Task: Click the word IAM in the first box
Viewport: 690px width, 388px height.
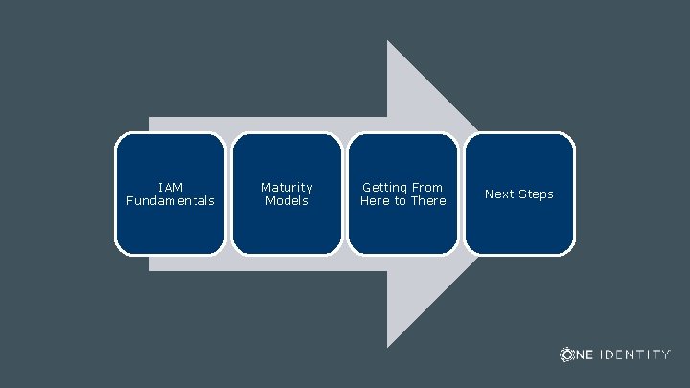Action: tap(170, 187)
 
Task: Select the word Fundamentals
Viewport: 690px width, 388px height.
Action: tap(170, 201)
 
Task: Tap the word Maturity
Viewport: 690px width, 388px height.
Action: tap(287, 187)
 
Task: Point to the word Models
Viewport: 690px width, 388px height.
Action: tap(287, 201)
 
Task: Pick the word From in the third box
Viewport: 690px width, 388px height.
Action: tap(426, 187)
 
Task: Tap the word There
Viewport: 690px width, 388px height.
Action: tap(428, 201)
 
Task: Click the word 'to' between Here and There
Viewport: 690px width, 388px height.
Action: tap(402, 201)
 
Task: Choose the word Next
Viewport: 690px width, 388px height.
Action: tap(499, 194)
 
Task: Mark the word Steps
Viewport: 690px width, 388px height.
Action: tap(536, 194)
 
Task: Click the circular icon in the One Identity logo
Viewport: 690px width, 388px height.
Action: tap(566, 354)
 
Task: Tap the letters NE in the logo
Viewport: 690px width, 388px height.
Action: tap(585, 354)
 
